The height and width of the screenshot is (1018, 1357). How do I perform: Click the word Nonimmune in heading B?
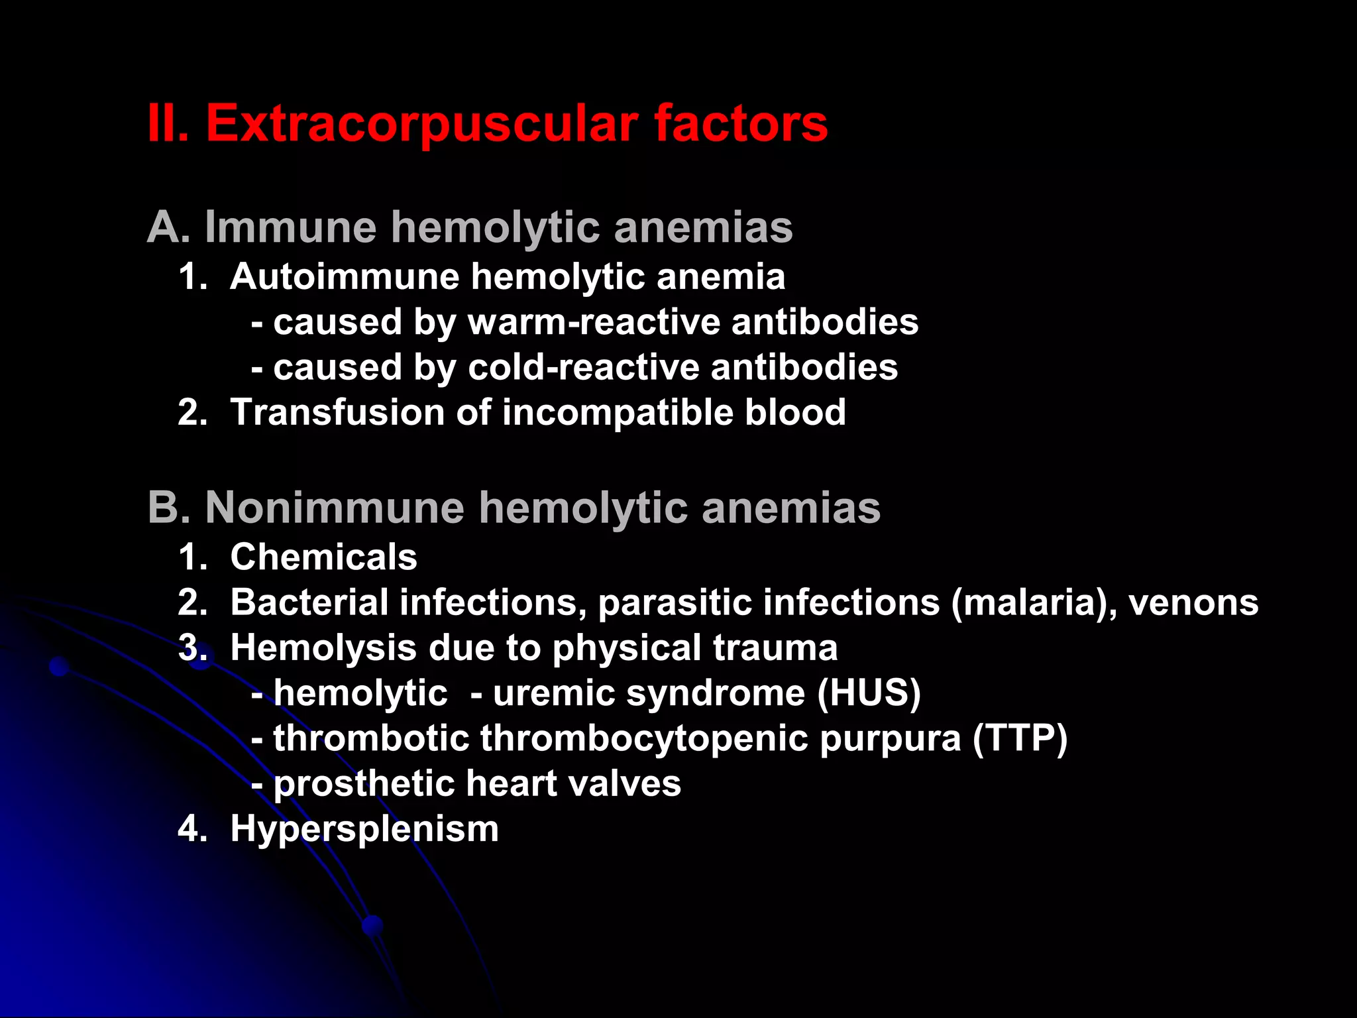pos(335,508)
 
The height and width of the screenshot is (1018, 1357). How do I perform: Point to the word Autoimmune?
pos(345,276)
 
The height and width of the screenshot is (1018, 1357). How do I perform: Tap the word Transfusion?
pos(336,412)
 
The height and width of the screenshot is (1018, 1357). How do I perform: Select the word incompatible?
pos(617,412)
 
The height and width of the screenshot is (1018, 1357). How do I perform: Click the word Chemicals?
pos(323,557)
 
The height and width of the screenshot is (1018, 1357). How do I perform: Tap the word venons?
pos(1193,604)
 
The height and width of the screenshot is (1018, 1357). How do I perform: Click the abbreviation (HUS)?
pos(869,693)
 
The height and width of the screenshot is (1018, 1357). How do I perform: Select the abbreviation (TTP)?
pos(1020,738)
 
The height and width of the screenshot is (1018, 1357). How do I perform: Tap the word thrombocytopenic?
pos(643,738)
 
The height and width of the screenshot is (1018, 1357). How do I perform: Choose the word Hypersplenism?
pos(364,829)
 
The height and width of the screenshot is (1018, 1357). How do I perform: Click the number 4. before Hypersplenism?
pos(191,829)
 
